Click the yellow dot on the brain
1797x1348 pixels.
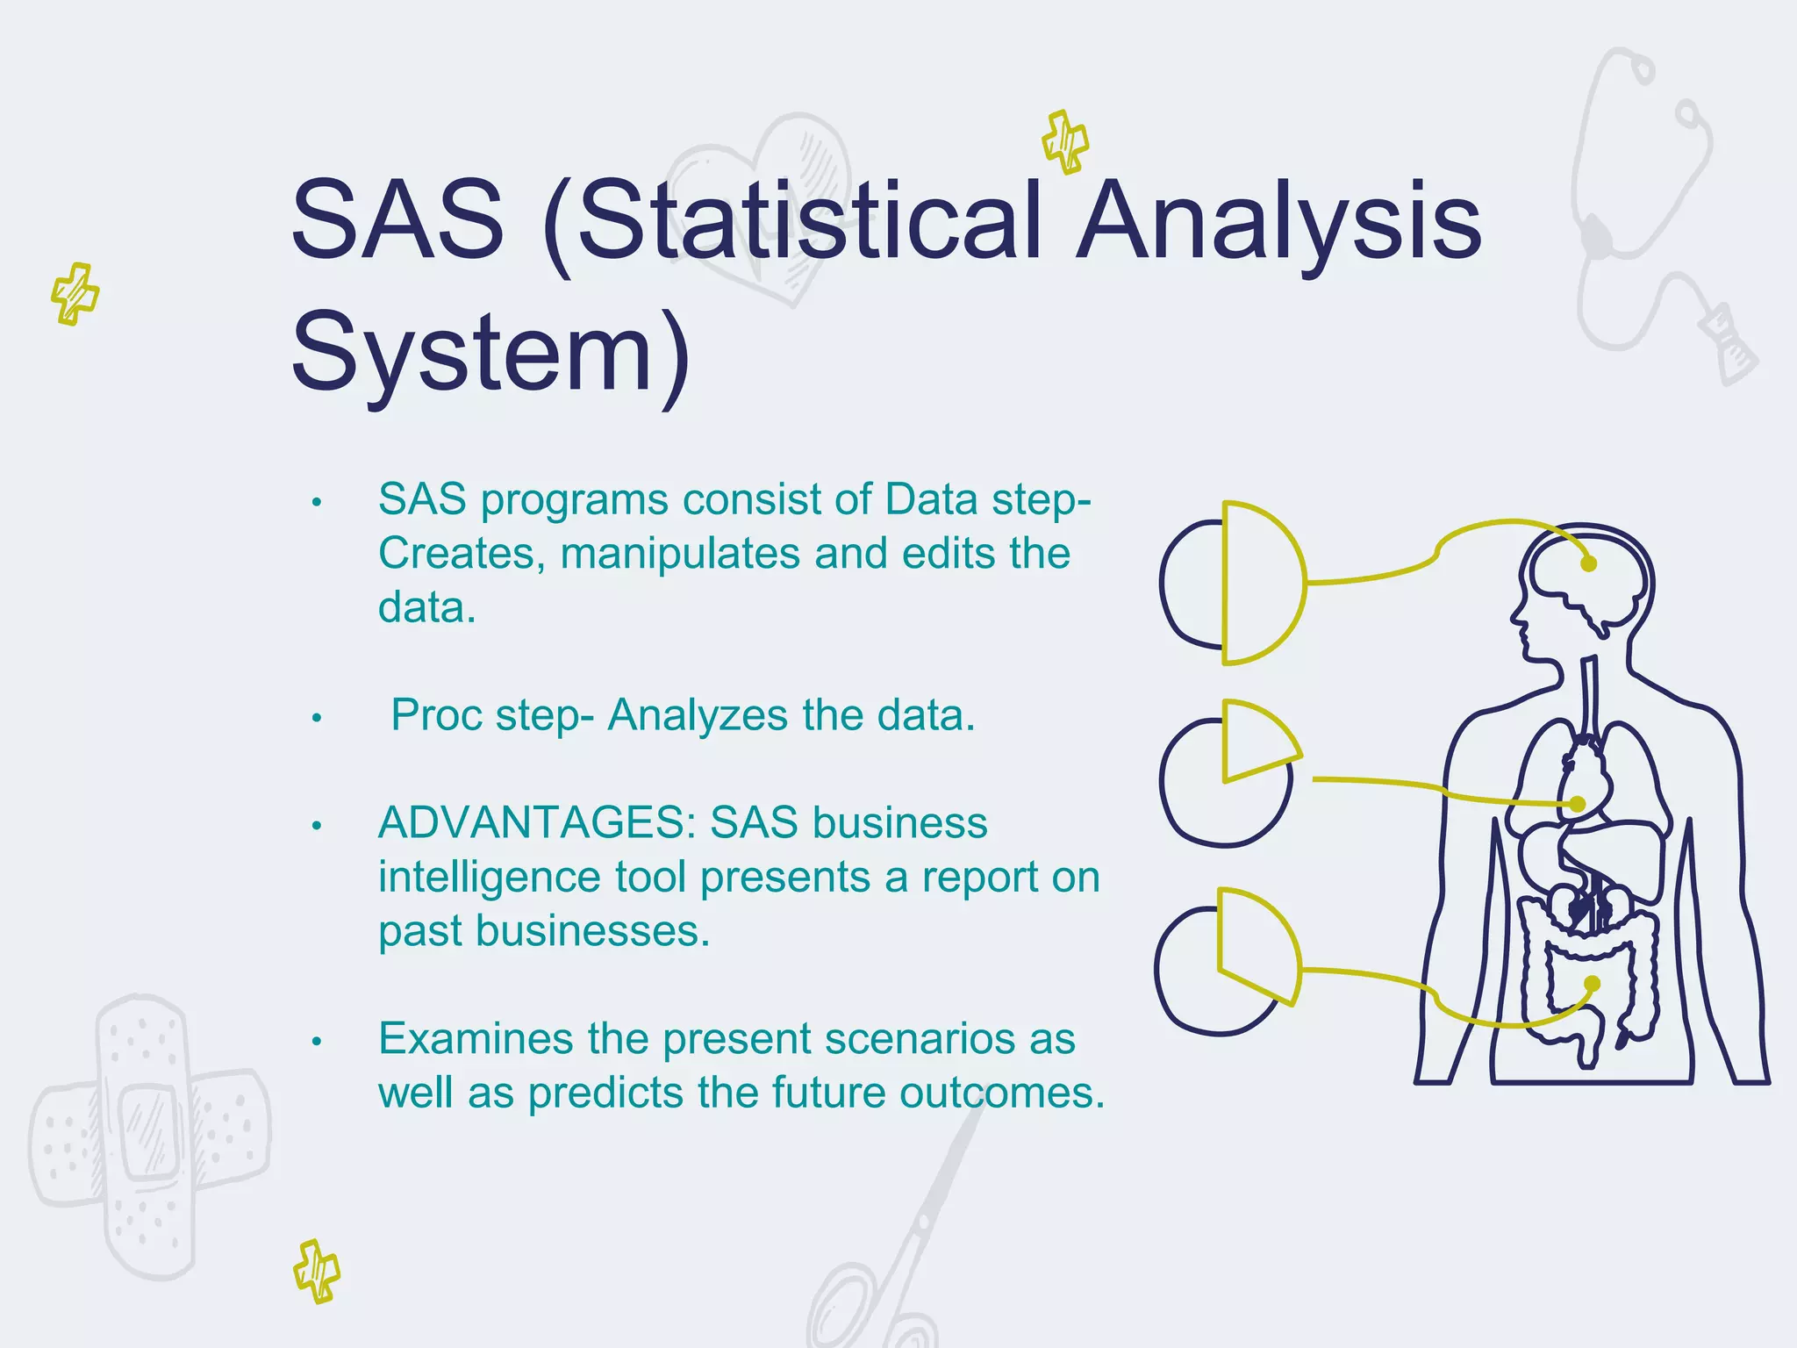tap(1588, 564)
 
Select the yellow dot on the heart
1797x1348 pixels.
tap(1577, 804)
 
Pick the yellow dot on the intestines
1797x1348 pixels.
tap(1593, 984)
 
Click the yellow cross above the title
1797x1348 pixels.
tap(1065, 141)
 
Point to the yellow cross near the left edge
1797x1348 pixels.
tap(75, 293)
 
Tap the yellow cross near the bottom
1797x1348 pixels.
tap(317, 1271)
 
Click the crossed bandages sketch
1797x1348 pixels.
tap(149, 1136)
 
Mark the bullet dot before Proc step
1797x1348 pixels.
tap(317, 719)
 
